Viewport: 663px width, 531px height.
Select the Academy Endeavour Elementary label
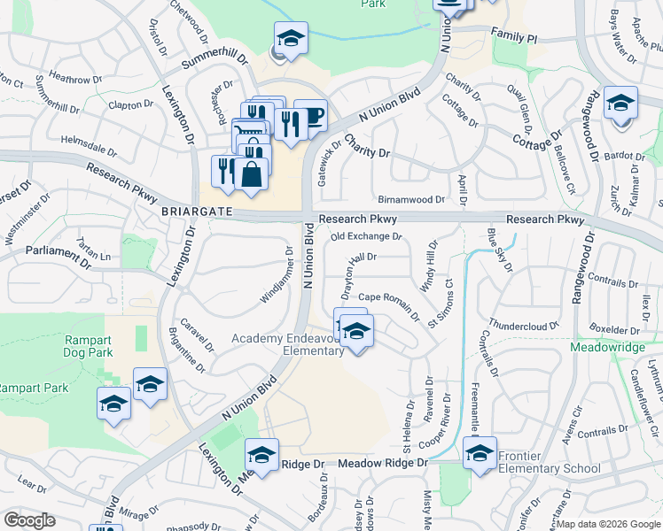click(287, 345)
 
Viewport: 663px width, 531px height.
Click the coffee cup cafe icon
click(310, 116)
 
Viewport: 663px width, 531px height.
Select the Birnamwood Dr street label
click(410, 200)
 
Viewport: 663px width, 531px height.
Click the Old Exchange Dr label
click(366, 236)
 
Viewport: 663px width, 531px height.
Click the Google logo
click(29, 520)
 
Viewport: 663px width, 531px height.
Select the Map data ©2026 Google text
click(608, 524)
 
